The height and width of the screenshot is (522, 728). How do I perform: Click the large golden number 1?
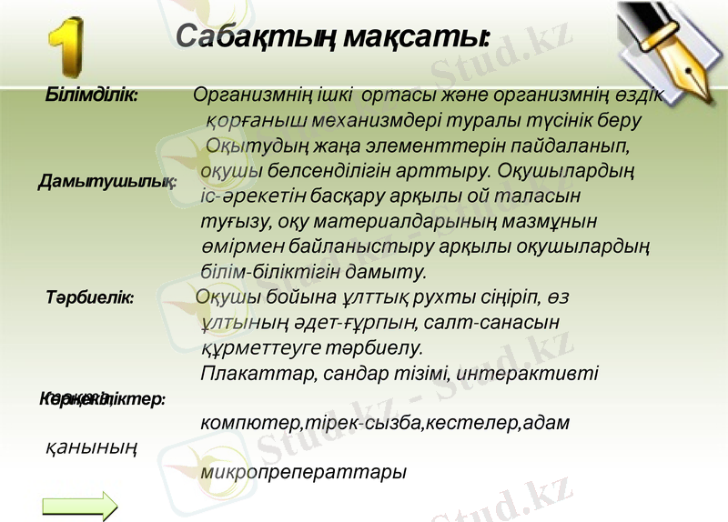[x=65, y=46]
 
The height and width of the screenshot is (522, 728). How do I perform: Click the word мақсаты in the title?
[x=429, y=37]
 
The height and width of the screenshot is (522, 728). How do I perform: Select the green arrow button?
[x=80, y=506]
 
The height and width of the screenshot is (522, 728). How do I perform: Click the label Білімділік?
[x=92, y=94]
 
